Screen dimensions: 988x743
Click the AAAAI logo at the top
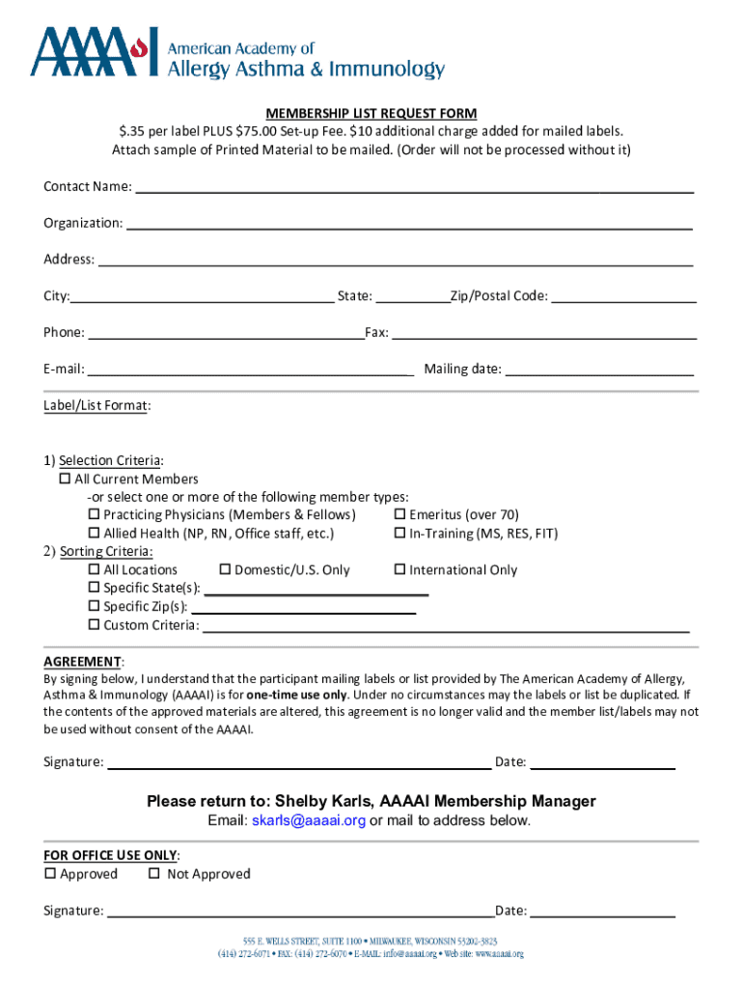(236, 54)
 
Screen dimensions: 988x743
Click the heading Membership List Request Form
(371, 114)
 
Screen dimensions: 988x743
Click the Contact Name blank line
(413, 186)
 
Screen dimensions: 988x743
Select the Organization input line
(409, 223)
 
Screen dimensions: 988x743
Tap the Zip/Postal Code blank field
(623, 296)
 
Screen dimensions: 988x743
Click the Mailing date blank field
(599, 369)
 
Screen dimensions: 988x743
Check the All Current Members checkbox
(66, 480)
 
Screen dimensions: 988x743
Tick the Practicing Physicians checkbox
(95, 515)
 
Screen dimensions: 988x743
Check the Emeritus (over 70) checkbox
(399, 515)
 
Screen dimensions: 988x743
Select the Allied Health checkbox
(95, 534)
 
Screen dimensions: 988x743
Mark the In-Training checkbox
(399, 534)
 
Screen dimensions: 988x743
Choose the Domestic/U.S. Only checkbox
(226, 570)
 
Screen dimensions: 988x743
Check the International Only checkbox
(399, 570)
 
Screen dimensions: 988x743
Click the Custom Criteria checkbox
(95, 625)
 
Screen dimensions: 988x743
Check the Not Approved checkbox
(153, 874)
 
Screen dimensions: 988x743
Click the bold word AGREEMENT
(82, 662)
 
